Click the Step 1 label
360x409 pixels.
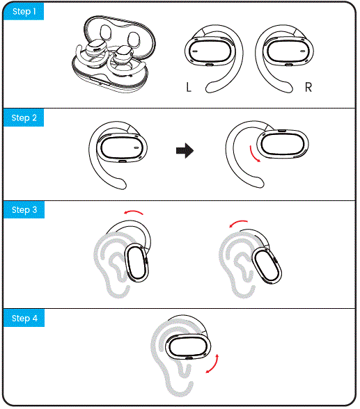(x=24, y=13)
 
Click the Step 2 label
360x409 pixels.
(x=24, y=118)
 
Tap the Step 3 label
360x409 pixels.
(x=24, y=210)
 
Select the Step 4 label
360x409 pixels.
(x=24, y=318)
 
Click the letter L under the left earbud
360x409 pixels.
(x=188, y=88)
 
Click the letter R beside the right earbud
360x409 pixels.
(x=308, y=88)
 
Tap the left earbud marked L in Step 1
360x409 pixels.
(x=208, y=52)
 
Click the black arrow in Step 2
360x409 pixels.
(x=184, y=151)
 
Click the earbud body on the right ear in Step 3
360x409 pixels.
(x=265, y=265)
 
